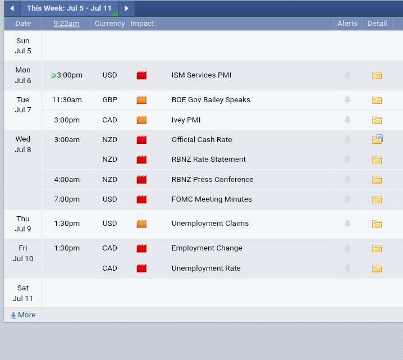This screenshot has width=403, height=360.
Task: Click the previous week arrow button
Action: [12, 8]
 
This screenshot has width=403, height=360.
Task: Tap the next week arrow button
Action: [126, 8]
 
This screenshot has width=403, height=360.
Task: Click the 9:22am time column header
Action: [66, 24]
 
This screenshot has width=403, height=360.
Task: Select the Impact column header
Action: [142, 24]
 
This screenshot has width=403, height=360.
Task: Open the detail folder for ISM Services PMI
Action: [377, 75]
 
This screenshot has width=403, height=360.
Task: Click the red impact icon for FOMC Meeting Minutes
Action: [141, 199]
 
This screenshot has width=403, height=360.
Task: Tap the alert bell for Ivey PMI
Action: [347, 120]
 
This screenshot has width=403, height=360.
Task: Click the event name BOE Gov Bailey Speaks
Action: [210, 100]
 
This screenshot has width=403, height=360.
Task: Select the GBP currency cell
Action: [110, 100]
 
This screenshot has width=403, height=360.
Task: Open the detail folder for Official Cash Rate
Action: [377, 139]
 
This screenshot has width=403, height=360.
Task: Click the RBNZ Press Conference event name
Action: [213, 180]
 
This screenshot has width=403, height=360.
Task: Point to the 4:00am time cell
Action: [67, 180]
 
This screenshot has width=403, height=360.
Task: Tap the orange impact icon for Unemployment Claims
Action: [141, 224]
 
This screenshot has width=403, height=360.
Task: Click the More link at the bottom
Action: [23, 315]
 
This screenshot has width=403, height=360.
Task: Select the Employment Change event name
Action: [207, 248]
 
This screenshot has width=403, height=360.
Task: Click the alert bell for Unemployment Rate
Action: [347, 268]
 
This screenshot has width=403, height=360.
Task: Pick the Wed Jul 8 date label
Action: [23, 144]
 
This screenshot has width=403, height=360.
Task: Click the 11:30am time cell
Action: [67, 100]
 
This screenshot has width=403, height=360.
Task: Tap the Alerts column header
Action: [347, 24]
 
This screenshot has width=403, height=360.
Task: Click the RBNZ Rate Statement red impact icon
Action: [141, 160]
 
